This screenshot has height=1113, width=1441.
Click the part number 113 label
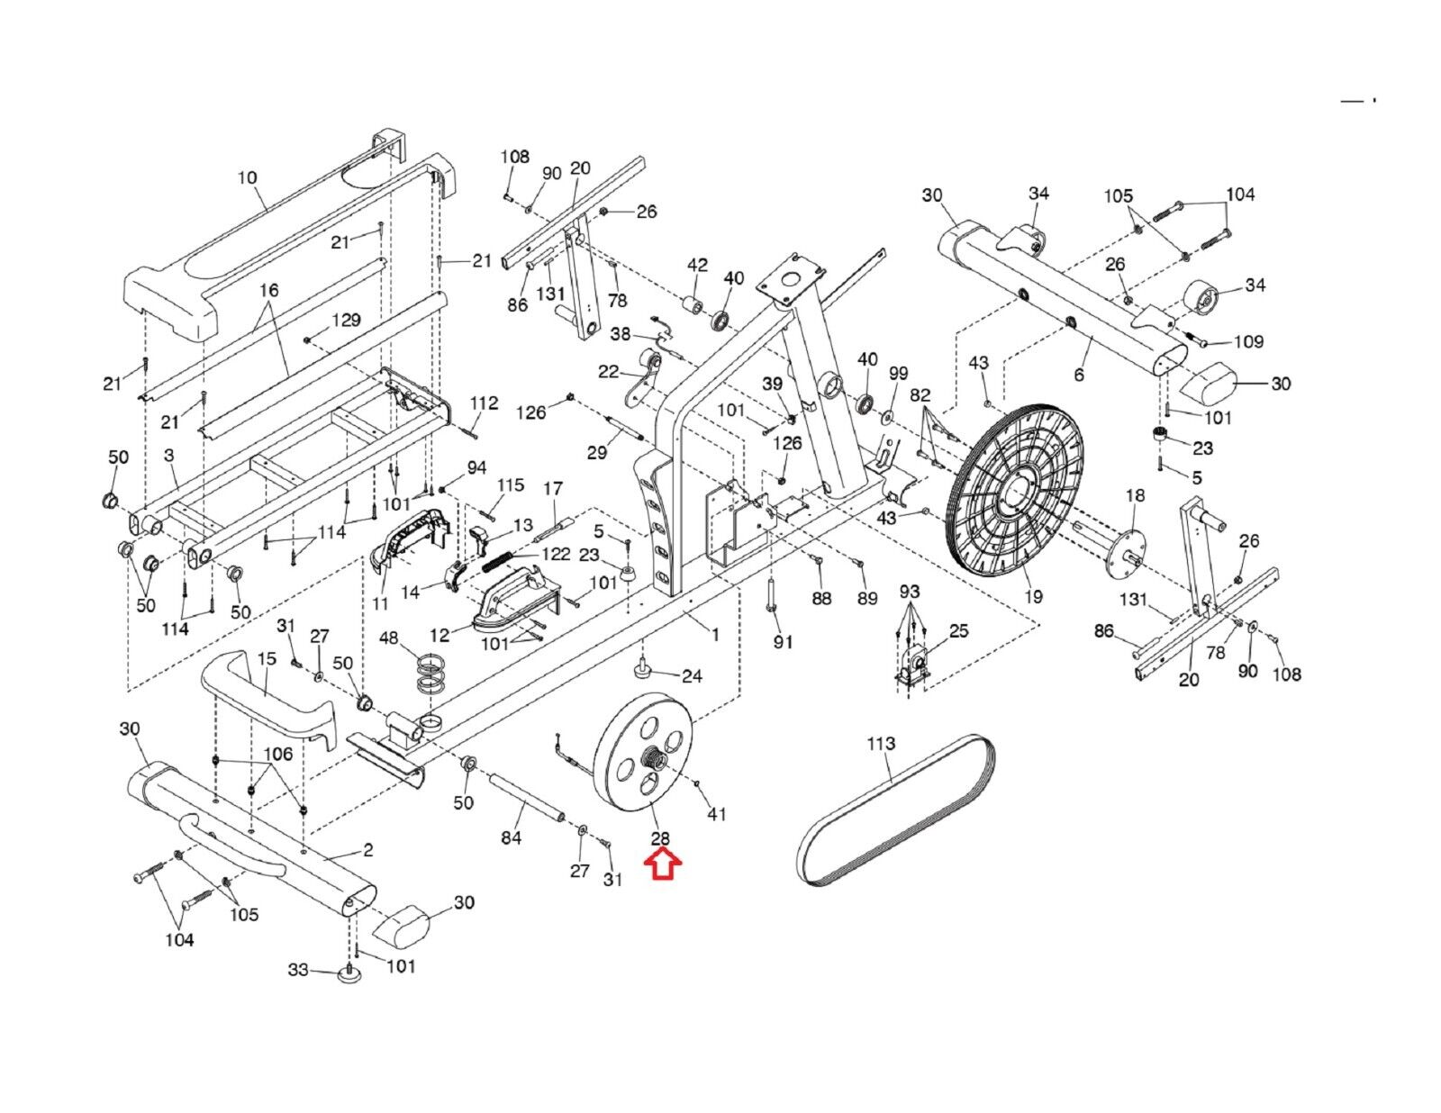click(x=881, y=744)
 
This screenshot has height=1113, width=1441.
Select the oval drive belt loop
click(x=895, y=810)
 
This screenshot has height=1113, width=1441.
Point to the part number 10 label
click(x=247, y=177)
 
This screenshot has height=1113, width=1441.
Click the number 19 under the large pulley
click(x=1033, y=597)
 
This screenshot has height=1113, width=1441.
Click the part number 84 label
click(x=511, y=837)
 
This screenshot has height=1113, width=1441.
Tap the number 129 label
click(x=346, y=320)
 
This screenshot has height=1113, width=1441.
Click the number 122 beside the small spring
click(x=557, y=554)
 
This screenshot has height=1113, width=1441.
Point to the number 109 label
click(x=1248, y=341)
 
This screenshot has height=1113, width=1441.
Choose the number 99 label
click(x=899, y=373)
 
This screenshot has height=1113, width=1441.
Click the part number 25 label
click(x=959, y=630)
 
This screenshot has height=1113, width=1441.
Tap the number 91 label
click(x=784, y=642)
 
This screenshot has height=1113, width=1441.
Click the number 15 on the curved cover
click(x=267, y=658)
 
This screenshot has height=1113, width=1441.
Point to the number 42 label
click(x=697, y=265)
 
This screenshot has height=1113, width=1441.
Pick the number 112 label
click(x=485, y=403)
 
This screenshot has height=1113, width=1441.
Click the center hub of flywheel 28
click(x=654, y=757)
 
